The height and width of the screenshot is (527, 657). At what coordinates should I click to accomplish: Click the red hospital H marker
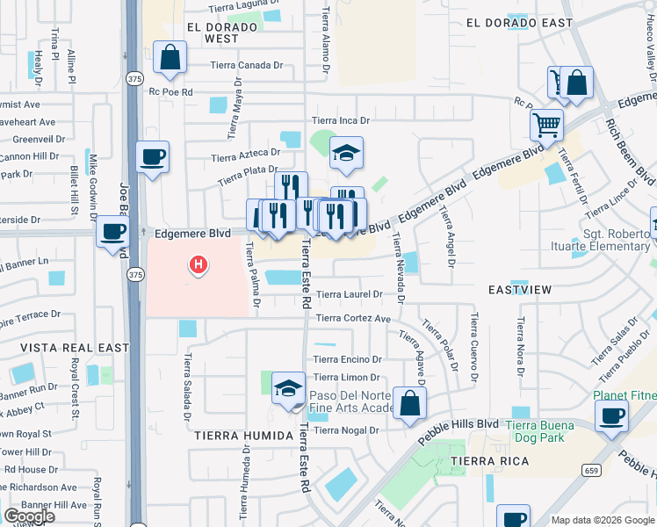pos(199,263)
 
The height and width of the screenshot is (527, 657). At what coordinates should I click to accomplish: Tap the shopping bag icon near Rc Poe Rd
pos(170,58)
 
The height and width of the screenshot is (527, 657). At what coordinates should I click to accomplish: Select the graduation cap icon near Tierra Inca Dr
pos(346,153)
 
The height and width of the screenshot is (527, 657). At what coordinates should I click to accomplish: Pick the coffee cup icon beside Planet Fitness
pos(611,415)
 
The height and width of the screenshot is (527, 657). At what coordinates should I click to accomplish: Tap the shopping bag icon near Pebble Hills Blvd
pos(409,403)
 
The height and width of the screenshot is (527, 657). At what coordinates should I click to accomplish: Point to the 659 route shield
pos(588,470)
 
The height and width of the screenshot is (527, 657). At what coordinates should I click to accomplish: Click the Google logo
pos(29,516)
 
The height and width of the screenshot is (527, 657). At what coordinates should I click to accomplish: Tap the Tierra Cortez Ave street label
pos(352,318)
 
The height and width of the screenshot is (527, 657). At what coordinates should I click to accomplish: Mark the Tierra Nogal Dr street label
pos(345,430)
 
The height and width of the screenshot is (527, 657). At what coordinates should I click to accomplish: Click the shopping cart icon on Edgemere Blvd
pos(546,126)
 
